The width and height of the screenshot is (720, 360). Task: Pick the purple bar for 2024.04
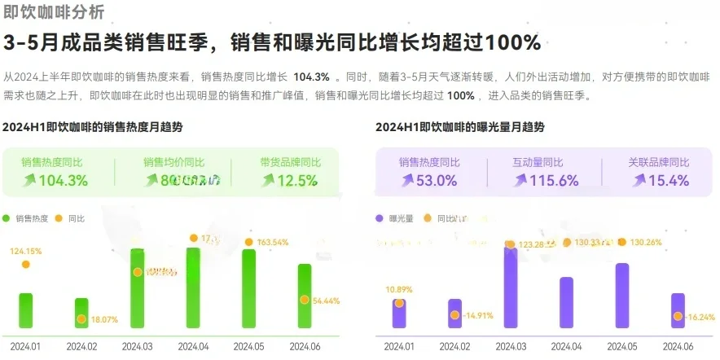[566, 303]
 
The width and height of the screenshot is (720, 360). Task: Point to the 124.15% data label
[25, 251]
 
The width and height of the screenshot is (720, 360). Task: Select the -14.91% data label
[478, 315]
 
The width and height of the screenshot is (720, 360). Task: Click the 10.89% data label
[399, 289]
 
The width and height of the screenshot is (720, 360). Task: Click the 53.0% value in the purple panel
[437, 181]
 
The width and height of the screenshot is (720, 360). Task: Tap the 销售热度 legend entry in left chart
[32, 218]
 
